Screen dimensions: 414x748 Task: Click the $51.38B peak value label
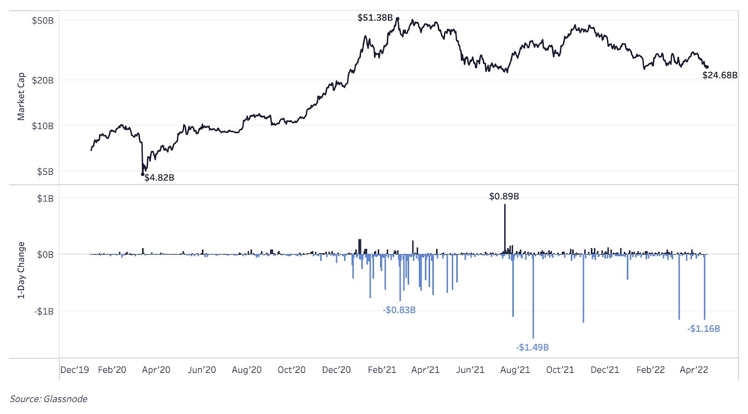(x=375, y=18)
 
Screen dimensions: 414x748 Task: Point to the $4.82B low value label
(x=159, y=178)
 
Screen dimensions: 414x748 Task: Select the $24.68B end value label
(x=719, y=75)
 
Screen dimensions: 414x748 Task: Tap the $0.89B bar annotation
(x=504, y=196)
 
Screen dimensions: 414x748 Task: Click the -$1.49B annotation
(x=532, y=347)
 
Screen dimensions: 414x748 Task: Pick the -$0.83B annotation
(x=399, y=310)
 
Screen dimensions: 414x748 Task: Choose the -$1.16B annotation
(x=704, y=328)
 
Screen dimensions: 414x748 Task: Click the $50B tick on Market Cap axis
(x=43, y=21)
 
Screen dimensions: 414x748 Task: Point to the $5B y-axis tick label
(x=45, y=171)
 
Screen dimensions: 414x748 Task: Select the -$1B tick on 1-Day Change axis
(x=44, y=311)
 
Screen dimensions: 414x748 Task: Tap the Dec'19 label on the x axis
(x=75, y=370)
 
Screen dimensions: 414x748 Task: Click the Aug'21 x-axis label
(x=515, y=370)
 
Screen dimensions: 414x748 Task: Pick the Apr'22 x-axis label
(x=694, y=370)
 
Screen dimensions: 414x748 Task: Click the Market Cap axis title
(x=21, y=97)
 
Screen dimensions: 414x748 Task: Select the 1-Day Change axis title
(x=21, y=270)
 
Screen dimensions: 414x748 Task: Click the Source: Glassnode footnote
(x=49, y=399)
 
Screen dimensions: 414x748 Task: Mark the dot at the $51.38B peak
(x=397, y=19)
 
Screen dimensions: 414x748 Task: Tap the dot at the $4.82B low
(x=143, y=174)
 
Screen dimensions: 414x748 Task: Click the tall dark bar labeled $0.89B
(x=505, y=229)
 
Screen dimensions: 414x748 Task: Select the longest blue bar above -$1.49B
(x=533, y=299)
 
